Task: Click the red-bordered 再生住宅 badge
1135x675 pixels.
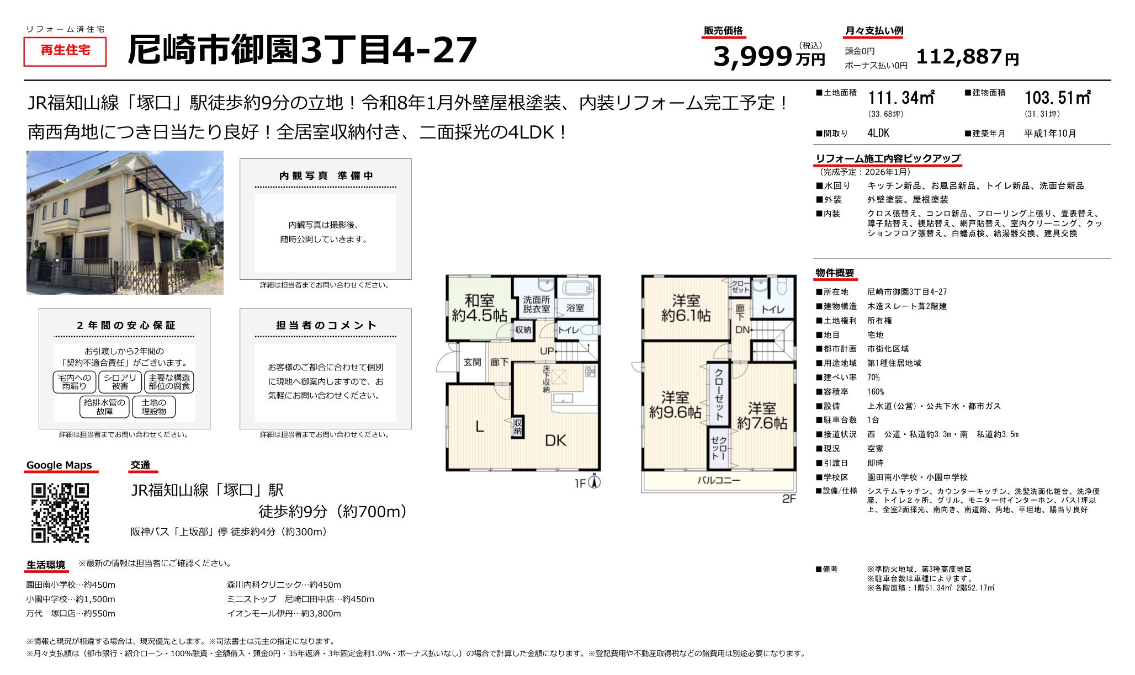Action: pos(65,51)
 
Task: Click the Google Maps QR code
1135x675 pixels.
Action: pos(60,513)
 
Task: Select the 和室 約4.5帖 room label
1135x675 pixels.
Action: pos(479,308)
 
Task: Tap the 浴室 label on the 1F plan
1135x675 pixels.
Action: pos(575,307)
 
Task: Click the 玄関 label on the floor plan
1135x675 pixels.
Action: pos(472,362)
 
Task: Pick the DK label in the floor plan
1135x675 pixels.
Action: pos(555,440)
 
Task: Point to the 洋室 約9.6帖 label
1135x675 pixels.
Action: pos(675,405)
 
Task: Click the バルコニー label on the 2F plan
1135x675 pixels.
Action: pos(718,480)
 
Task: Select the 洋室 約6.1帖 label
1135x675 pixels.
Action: pos(686,308)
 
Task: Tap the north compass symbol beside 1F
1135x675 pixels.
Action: pos(595,482)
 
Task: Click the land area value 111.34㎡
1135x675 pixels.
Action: pos(901,98)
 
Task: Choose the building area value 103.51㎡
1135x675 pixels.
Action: pos(1057,98)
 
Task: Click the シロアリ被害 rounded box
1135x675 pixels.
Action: pos(120,382)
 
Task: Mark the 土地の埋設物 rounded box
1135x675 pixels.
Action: pos(153,407)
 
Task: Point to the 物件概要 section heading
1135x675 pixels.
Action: pos(835,273)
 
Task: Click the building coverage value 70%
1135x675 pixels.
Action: pos(873,378)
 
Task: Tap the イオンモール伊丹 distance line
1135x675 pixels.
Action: pos(284,613)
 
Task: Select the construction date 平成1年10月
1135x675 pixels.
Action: pos(1050,134)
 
